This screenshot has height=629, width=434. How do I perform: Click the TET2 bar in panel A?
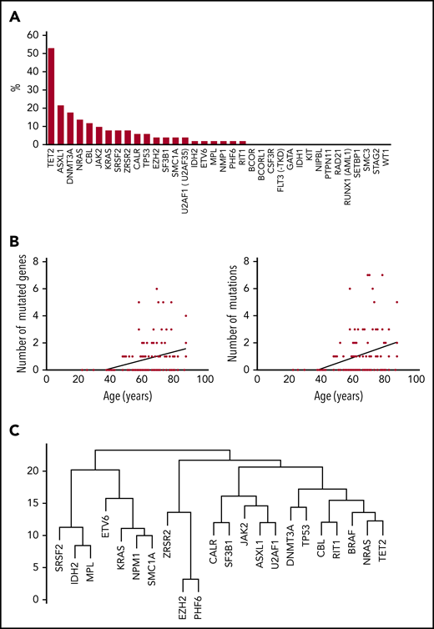coord(51,96)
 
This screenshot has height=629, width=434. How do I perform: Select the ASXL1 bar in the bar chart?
coord(60,125)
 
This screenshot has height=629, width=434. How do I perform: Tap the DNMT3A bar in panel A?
coord(70,128)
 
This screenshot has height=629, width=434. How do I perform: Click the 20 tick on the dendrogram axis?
coord(32,470)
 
